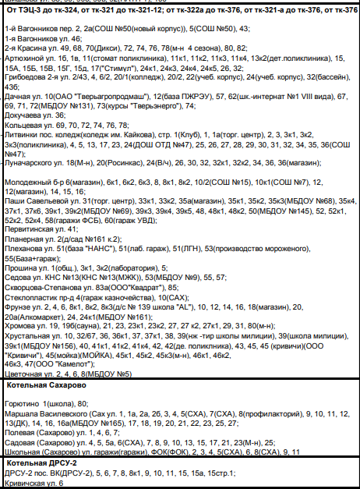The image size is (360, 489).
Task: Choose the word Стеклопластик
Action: coord(32,297)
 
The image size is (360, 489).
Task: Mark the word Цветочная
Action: coord(23,374)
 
